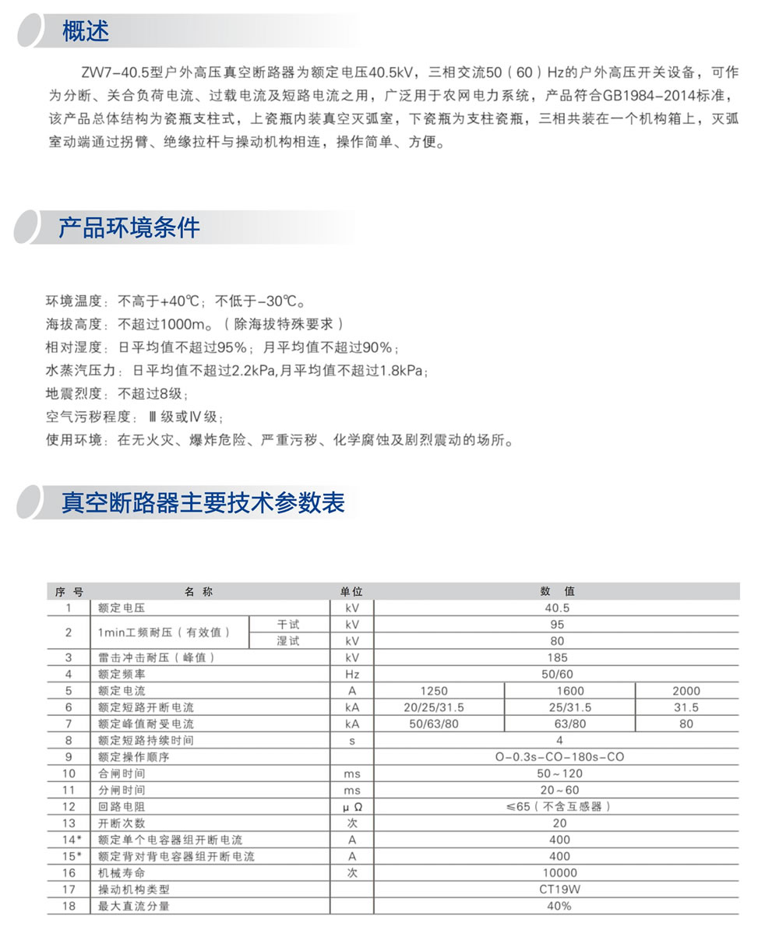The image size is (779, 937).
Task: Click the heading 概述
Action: [86, 31]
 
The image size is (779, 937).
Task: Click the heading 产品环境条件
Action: [129, 227]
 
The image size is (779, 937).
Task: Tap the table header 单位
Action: [351, 592]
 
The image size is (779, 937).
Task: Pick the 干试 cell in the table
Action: [288, 625]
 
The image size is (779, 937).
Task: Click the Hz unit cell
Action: [351, 674]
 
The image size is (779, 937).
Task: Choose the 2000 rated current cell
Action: [686, 691]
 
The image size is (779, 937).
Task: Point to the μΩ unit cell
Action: [351, 807]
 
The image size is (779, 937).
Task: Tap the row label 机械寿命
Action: [122, 873]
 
